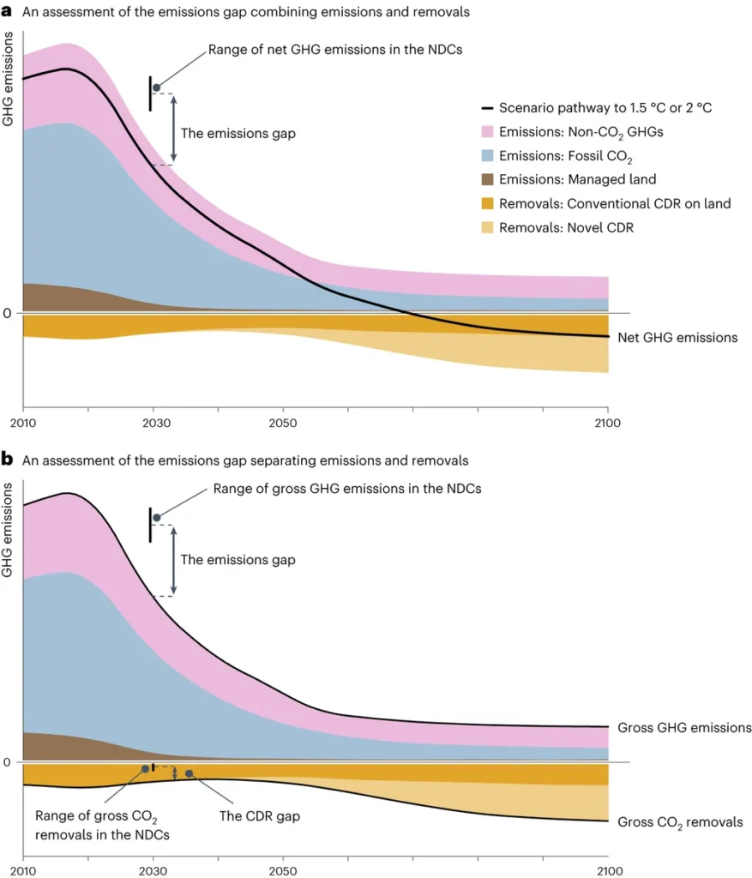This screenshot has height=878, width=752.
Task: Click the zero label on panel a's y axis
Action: tap(7, 314)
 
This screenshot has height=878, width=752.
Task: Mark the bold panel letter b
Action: tap(7, 460)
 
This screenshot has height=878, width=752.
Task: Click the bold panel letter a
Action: tap(7, 12)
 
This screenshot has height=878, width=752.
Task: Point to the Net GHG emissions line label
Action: tap(677, 338)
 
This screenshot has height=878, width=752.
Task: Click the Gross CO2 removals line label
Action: tap(680, 821)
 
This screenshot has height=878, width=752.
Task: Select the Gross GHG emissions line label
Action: tap(684, 728)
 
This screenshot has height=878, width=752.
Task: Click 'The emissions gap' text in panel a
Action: tap(238, 134)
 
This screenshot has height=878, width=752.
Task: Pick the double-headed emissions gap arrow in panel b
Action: tap(174, 560)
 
